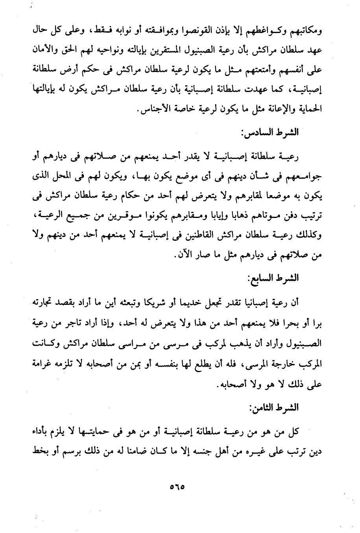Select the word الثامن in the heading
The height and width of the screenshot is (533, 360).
(x=262, y=407)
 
